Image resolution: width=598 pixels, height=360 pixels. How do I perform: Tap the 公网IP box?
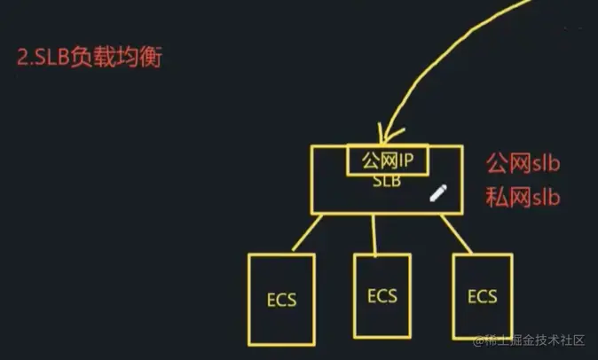pyautogui.click(x=388, y=160)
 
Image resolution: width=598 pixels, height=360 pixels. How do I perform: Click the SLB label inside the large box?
pyautogui.click(x=388, y=182)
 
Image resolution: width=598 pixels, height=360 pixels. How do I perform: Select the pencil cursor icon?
pyautogui.click(x=437, y=193)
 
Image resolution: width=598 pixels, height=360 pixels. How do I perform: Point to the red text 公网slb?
pyautogui.click(x=523, y=165)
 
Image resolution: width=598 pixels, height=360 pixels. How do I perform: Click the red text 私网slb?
pyautogui.click(x=523, y=197)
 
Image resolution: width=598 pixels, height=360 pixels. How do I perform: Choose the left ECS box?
pyautogui.click(x=281, y=299)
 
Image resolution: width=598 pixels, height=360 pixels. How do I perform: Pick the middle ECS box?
pyautogui.click(x=381, y=296)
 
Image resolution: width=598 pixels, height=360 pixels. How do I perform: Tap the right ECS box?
pyautogui.click(x=482, y=297)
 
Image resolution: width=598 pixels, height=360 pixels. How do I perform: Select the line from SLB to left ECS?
pyautogui.click(x=307, y=233)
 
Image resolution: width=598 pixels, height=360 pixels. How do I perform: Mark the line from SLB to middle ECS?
pyautogui.click(x=377, y=234)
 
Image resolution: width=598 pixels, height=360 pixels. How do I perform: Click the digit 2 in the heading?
pyautogui.click(x=22, y=59)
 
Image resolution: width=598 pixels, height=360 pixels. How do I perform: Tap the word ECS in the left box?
pyautogui.click(x=281, y=300)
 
